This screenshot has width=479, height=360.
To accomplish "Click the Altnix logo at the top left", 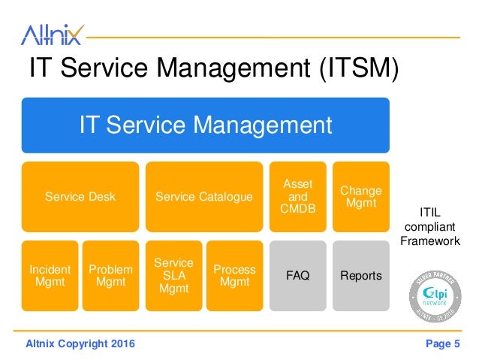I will click(x=52, y=34).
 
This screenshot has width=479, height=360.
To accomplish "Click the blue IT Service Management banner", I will click(x=205, y=125).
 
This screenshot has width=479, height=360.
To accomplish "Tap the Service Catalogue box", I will click(x=204, y=196).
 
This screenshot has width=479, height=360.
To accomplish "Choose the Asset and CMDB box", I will click(x=297, y=196).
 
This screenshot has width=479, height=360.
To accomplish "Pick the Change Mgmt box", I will click(x=360, y=196).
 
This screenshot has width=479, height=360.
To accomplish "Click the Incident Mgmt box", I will click(x=50, y=275).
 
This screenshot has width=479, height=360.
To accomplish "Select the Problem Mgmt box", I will click(x=110, y=275).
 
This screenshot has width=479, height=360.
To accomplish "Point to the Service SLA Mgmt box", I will click(x=173, y=275).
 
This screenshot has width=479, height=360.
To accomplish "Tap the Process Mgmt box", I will click(x=234, y=275).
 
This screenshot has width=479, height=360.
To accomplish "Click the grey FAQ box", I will click(x=297, y=275).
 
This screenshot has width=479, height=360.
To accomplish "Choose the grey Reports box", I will click(x=360, y=275).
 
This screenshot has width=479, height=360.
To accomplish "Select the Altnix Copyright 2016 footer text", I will click(x=80, y=344).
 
